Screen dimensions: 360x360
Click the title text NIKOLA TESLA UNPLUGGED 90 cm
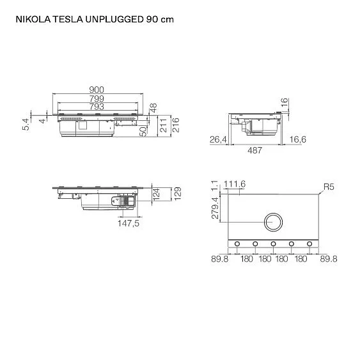[93, 19]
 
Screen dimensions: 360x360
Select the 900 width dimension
[97, 90]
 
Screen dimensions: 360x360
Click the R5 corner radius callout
[329, 187]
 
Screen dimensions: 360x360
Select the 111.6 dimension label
[235, 184]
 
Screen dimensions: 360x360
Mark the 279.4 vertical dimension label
[215, 208]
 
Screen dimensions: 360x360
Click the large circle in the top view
[273, 223]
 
